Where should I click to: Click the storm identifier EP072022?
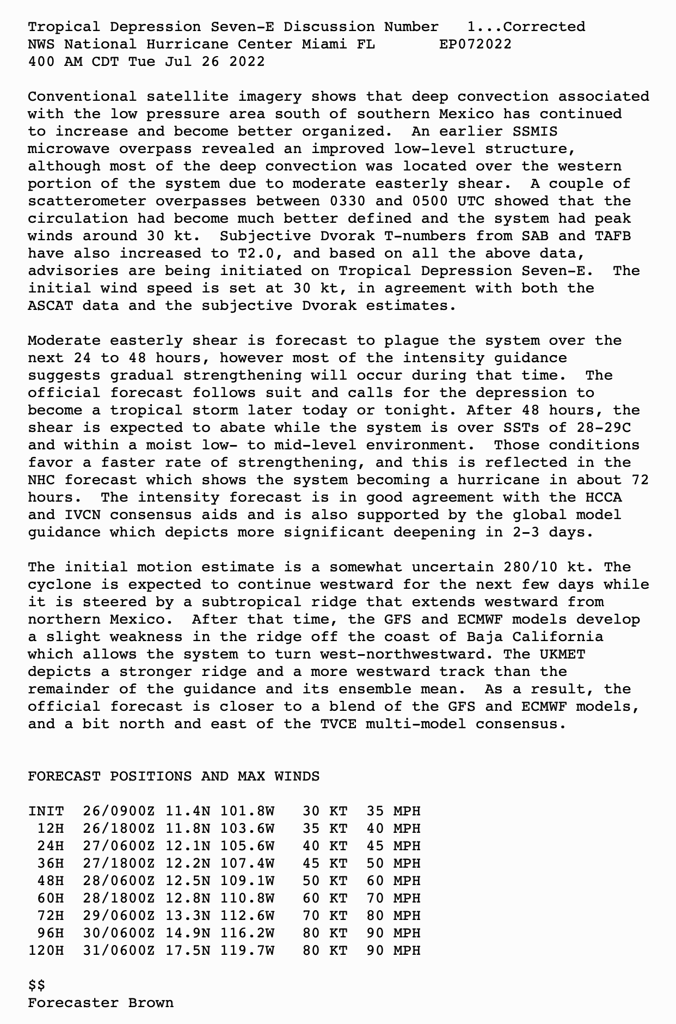[x=475, y=44]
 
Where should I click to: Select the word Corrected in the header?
[x=545, y=27]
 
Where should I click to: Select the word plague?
[x=411, y=340]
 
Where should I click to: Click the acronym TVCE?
[x=339, y=724]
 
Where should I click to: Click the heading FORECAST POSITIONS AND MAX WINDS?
[x=174, y=776]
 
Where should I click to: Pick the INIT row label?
[x=46, y=811]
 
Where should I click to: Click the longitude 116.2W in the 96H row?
[x=247, y=933]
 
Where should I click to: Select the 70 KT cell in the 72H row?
[x=325, y=916]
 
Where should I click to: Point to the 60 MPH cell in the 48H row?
[x=394, y=881]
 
